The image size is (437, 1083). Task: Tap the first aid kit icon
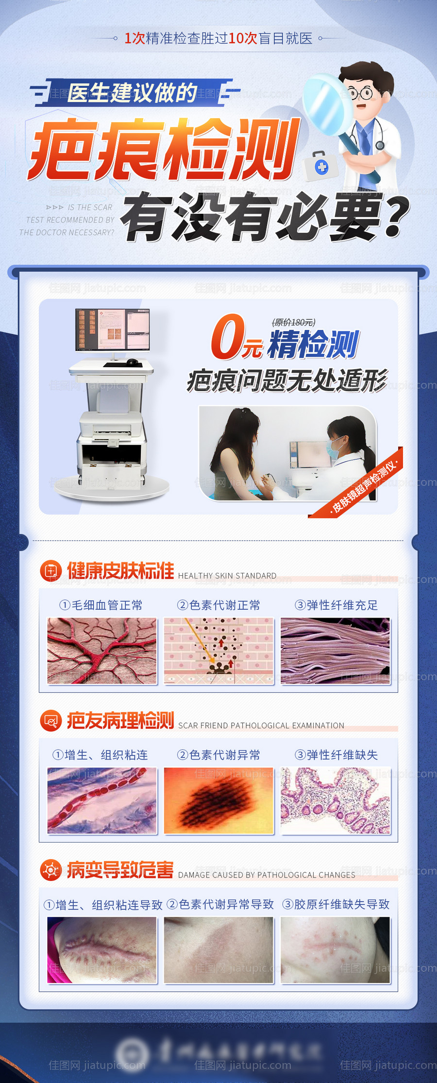320,166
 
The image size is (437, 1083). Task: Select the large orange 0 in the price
227,336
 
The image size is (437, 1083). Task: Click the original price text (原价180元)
293,322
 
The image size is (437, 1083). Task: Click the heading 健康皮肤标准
120,570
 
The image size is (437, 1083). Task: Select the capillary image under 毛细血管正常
102,651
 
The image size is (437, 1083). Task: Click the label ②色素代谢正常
218,605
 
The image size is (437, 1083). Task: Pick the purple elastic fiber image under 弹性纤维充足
335,651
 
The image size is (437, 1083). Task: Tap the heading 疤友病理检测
120,720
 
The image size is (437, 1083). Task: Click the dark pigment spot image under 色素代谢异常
218,800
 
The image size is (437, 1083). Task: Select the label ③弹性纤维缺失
336,755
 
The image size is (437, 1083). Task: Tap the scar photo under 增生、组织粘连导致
102,950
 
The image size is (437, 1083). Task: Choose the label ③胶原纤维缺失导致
336,904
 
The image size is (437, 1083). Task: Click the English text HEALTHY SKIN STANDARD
227,576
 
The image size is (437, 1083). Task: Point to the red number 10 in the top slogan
236,38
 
